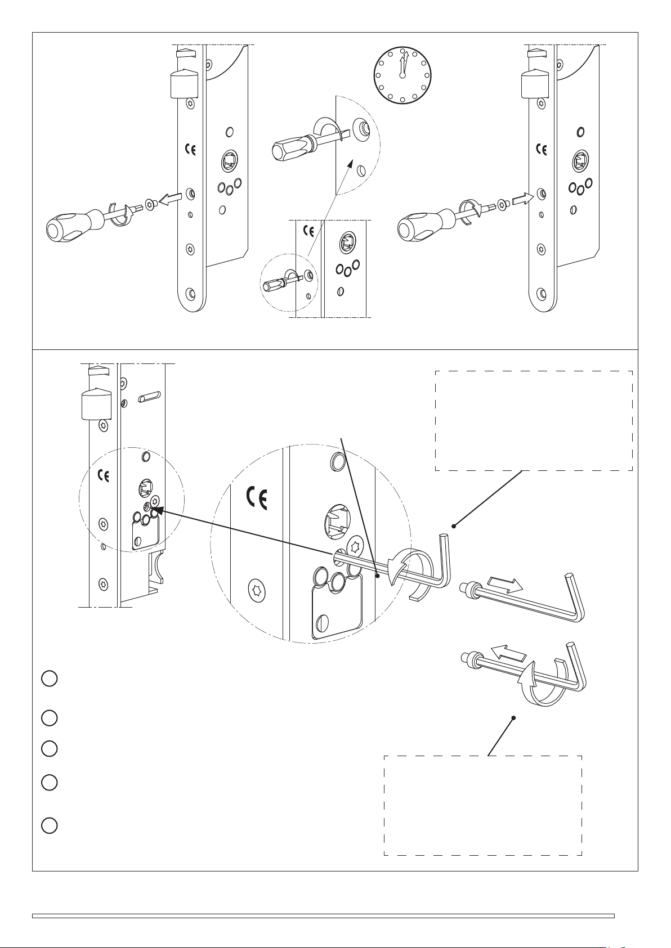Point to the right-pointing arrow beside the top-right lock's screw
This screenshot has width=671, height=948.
tap(522, 199)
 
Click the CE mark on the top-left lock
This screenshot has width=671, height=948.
tap(190, 150)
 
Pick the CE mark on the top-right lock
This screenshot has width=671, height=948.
tap(542, 149)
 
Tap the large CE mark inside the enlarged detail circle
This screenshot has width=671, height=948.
tap(257, 497)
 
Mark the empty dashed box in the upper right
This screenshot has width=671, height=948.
tap(534, 420)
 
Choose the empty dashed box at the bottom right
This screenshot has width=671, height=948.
tap(482, 805)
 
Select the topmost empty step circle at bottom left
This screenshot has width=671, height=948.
tap(49, 679)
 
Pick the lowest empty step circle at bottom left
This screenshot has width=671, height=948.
tap(49, 825)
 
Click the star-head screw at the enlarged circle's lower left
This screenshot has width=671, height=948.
tap(257, 590)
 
